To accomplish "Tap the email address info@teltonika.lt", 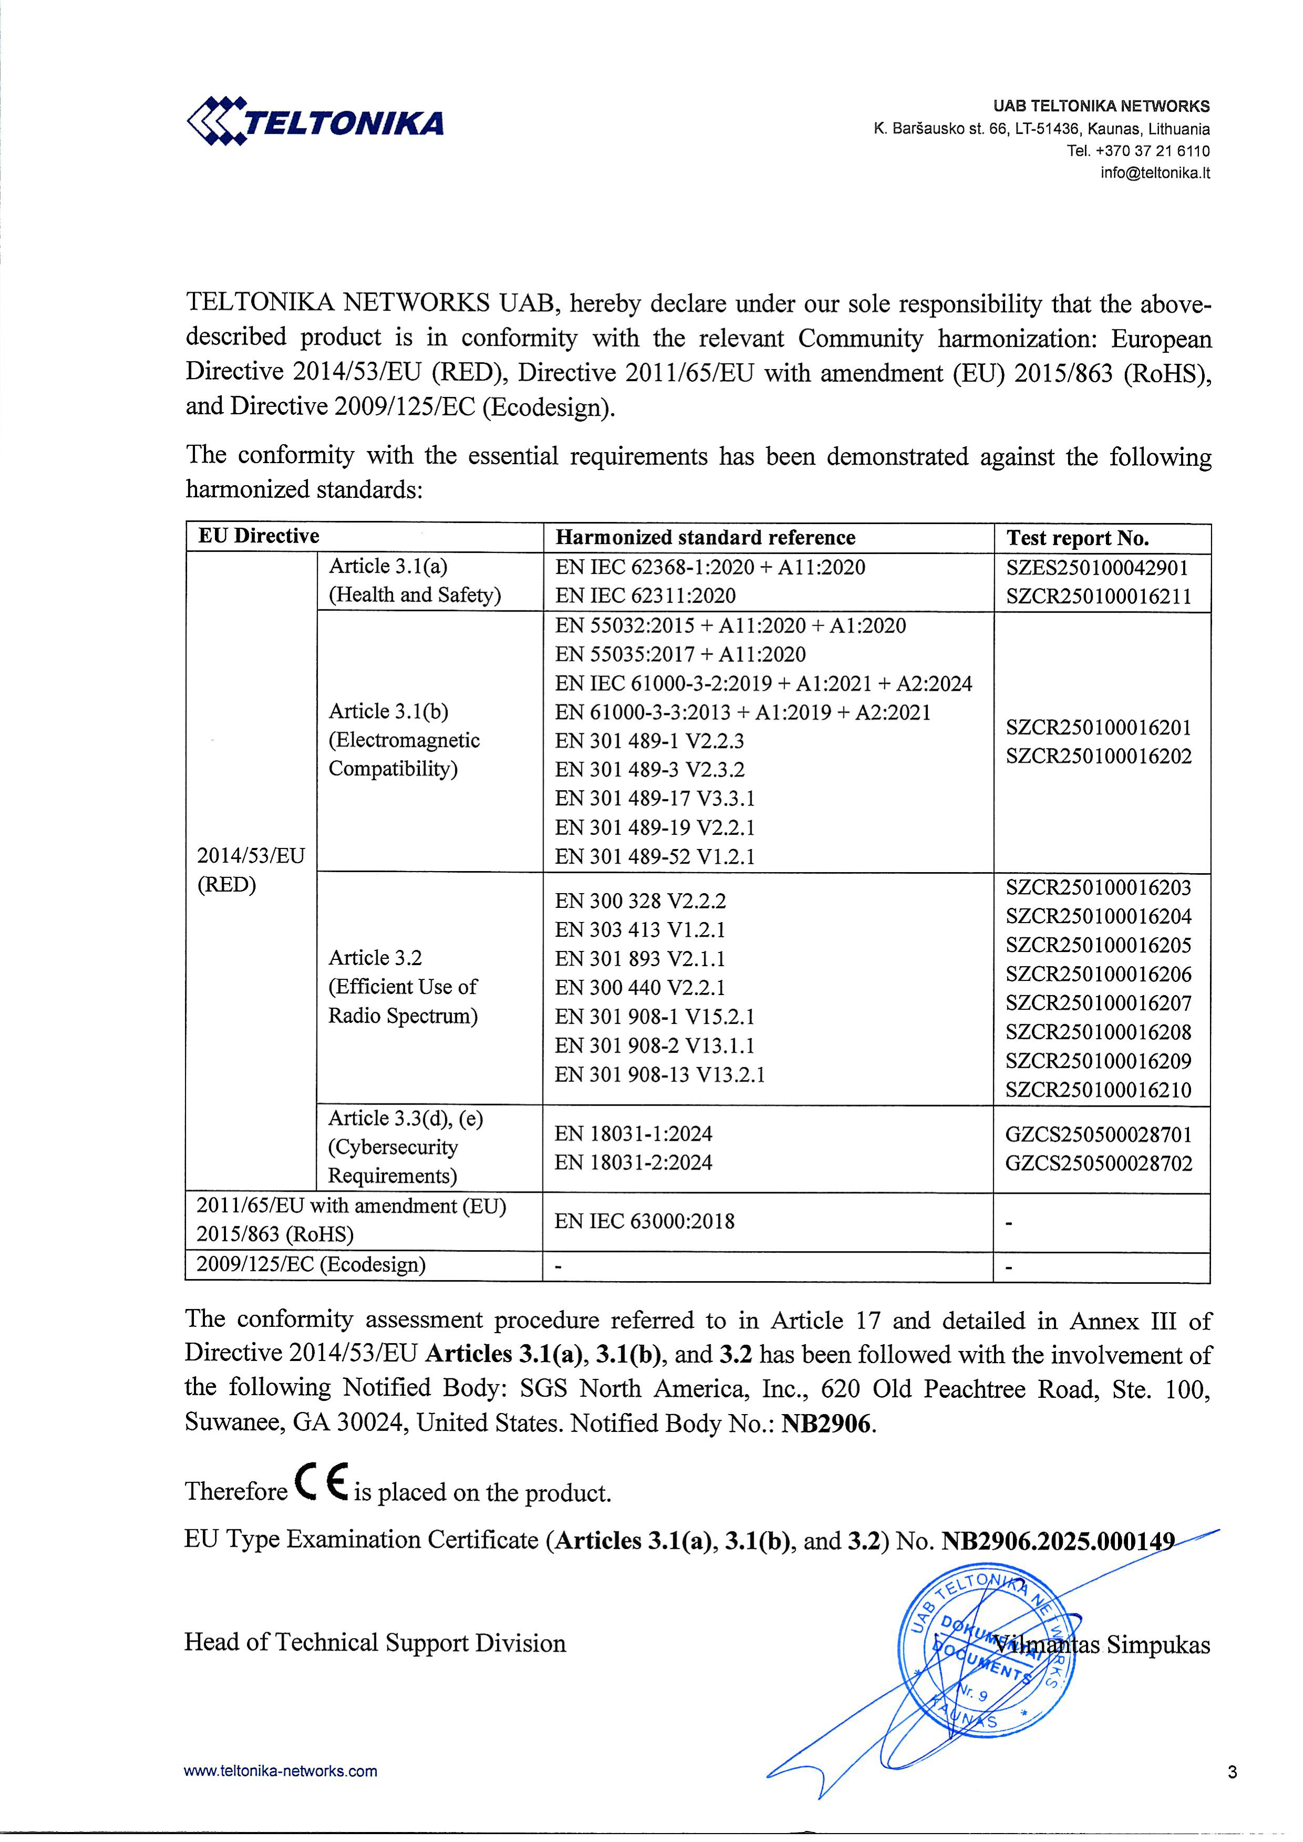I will tap(1155, 172).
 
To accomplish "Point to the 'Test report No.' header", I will tap(1078, 538).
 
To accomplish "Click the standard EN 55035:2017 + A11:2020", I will tap(680, 654).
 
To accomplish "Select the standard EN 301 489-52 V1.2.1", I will tap(655, 857).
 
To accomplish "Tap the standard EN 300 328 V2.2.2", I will tap(640, 901).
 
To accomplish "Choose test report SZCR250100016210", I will tap(1099, 1089).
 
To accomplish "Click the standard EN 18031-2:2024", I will tap(633, 1162).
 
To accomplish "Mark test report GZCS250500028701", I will tap(1099, 1134).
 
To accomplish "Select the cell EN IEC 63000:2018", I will tap(644, 1222).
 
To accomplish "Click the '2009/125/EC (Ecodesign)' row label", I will tap(311, 1265).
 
